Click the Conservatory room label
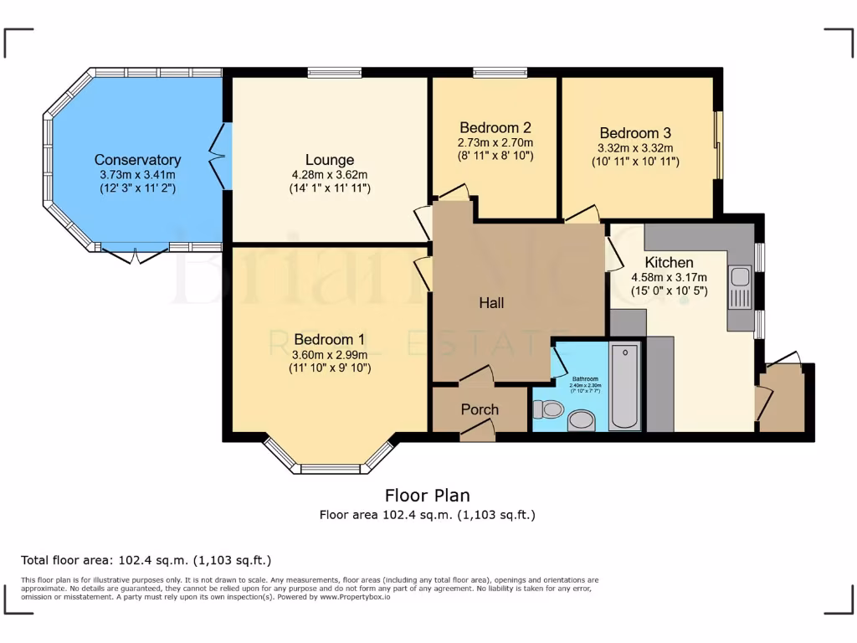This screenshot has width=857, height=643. click(x=137, y=160)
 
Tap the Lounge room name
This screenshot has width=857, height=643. click(x=329, y=160)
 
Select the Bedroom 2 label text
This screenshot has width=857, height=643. click(x=495, y=128)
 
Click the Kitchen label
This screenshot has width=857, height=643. click(x=669, y=263)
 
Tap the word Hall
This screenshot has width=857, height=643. click(x=491, y=303)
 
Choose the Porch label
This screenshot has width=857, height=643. click(x=480, y=409)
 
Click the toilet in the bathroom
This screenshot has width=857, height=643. click(x=548, y=409)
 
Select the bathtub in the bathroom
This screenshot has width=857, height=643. click(x=624, y=386)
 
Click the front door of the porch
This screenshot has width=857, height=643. click(x=477, y=430)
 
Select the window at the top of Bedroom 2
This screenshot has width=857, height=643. click(x=500, y=72)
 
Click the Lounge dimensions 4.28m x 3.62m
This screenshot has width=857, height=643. click(x=329, y=175)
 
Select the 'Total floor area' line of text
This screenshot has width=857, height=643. click(x=146, y=560)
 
